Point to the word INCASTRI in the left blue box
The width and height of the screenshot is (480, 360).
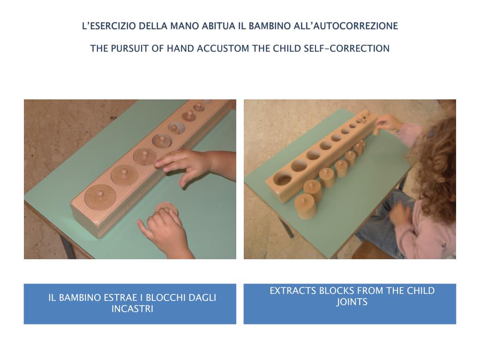click(132, 309)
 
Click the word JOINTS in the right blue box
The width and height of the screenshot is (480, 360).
click(352, 302)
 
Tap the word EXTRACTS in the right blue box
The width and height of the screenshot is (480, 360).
click(293, 291)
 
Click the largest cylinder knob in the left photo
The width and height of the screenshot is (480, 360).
click(100, 194)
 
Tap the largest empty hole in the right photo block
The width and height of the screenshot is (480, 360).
click(283, 179)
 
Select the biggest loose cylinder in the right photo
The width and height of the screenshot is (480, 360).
click(306, 206)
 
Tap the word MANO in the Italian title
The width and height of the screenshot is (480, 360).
click(185, 26)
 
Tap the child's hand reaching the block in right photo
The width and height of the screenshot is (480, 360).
click(388, 124)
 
